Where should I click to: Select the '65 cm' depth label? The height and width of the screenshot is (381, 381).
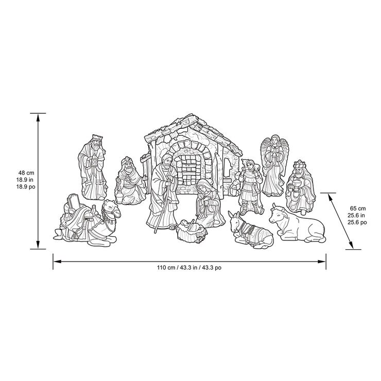click(358, 208)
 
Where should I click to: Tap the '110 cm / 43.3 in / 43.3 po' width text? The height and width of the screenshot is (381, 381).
click(189, 268)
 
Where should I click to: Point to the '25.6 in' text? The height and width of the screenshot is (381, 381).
click(358, 215)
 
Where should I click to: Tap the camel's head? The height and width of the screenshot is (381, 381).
click(110, 209)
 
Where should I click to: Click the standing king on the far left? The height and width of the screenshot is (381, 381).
click(92, 167)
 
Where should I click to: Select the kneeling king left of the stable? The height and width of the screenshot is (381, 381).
click(129, 180)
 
